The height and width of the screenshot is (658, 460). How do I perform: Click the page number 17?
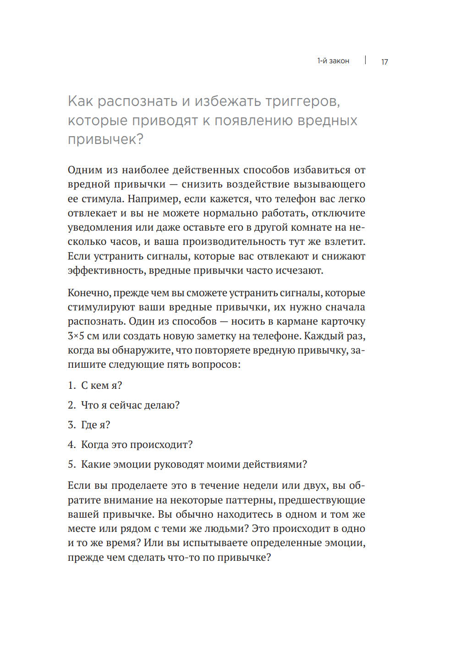tap(384, 62)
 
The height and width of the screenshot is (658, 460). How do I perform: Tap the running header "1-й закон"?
tap(333, 61)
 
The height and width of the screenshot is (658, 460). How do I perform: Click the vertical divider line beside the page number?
tap(365, 60)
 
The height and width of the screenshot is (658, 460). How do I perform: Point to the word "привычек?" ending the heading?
tap(106, 139)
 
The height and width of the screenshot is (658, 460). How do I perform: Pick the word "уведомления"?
tap(96, 227)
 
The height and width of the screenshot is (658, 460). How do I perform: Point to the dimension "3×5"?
tap(76, 336)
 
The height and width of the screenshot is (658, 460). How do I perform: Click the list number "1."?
tap(71, 386)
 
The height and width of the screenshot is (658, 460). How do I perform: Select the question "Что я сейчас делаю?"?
tap(130, 405)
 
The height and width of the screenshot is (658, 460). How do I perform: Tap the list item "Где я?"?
tap(95, 425)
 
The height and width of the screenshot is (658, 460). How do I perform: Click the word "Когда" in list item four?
tap(95, 445)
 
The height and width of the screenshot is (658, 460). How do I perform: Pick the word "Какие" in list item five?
tap(95, 464)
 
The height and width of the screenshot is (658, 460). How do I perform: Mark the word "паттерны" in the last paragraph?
tap(252, 500)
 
